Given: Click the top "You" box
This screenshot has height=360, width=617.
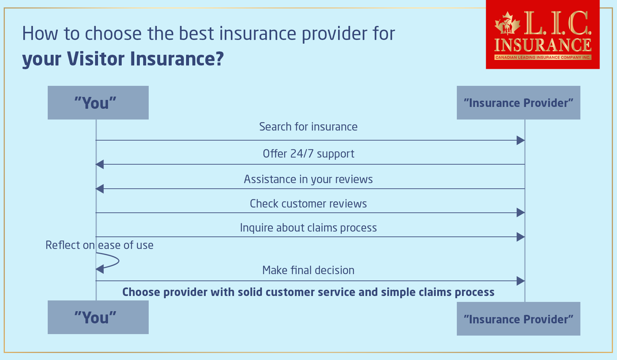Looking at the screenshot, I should click(98, 102).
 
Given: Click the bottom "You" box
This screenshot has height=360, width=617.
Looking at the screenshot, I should click(98, 317).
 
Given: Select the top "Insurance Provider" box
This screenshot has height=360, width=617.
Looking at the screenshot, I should click(518, 102).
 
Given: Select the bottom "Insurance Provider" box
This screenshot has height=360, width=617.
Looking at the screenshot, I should click(518, 319).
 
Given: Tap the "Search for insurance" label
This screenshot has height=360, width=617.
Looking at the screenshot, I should click(308, 127).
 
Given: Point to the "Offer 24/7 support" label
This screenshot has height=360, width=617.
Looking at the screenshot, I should click(308, 154).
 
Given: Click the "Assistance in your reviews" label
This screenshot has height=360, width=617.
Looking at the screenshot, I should click(308, 179).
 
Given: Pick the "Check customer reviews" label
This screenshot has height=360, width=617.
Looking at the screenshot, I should click(308, 203).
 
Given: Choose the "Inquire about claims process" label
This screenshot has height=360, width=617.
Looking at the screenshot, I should click(308, 228).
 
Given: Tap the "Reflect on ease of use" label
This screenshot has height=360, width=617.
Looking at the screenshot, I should click(99, 245).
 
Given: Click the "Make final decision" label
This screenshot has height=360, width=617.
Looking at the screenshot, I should click(308, 270).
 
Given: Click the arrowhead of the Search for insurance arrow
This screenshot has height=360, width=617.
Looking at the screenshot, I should click(520, 140).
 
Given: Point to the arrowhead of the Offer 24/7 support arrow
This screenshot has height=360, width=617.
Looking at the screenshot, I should click(100, 164).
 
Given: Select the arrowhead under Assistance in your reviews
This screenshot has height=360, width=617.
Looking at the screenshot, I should click(100, 189).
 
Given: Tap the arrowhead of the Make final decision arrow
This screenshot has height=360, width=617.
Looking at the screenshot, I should click(520, 281).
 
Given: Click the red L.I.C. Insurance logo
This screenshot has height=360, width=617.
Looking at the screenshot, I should click(542, 35).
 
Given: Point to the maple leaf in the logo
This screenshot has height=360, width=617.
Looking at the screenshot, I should click(507, 23).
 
